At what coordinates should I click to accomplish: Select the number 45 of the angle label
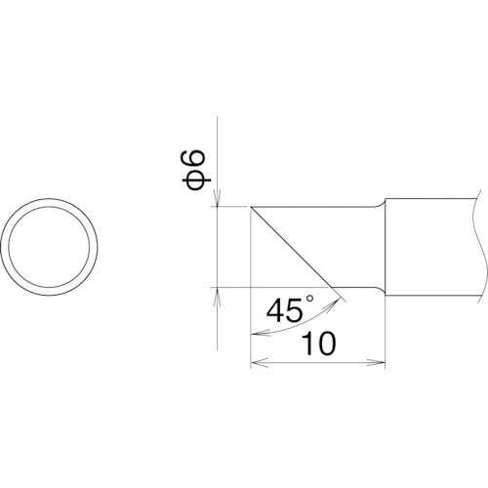click(x=284, y=310)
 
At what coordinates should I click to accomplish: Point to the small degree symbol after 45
click(x=309, y=298)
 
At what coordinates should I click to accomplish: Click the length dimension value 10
click(x=318, y=344)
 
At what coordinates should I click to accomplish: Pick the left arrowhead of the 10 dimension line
click(x=260, y=363)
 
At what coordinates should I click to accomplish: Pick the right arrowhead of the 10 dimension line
click(x=377, y=363)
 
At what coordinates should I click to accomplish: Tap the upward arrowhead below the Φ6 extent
click(x=218, y=296)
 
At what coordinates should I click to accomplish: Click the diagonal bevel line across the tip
click(x=292, y=247)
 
